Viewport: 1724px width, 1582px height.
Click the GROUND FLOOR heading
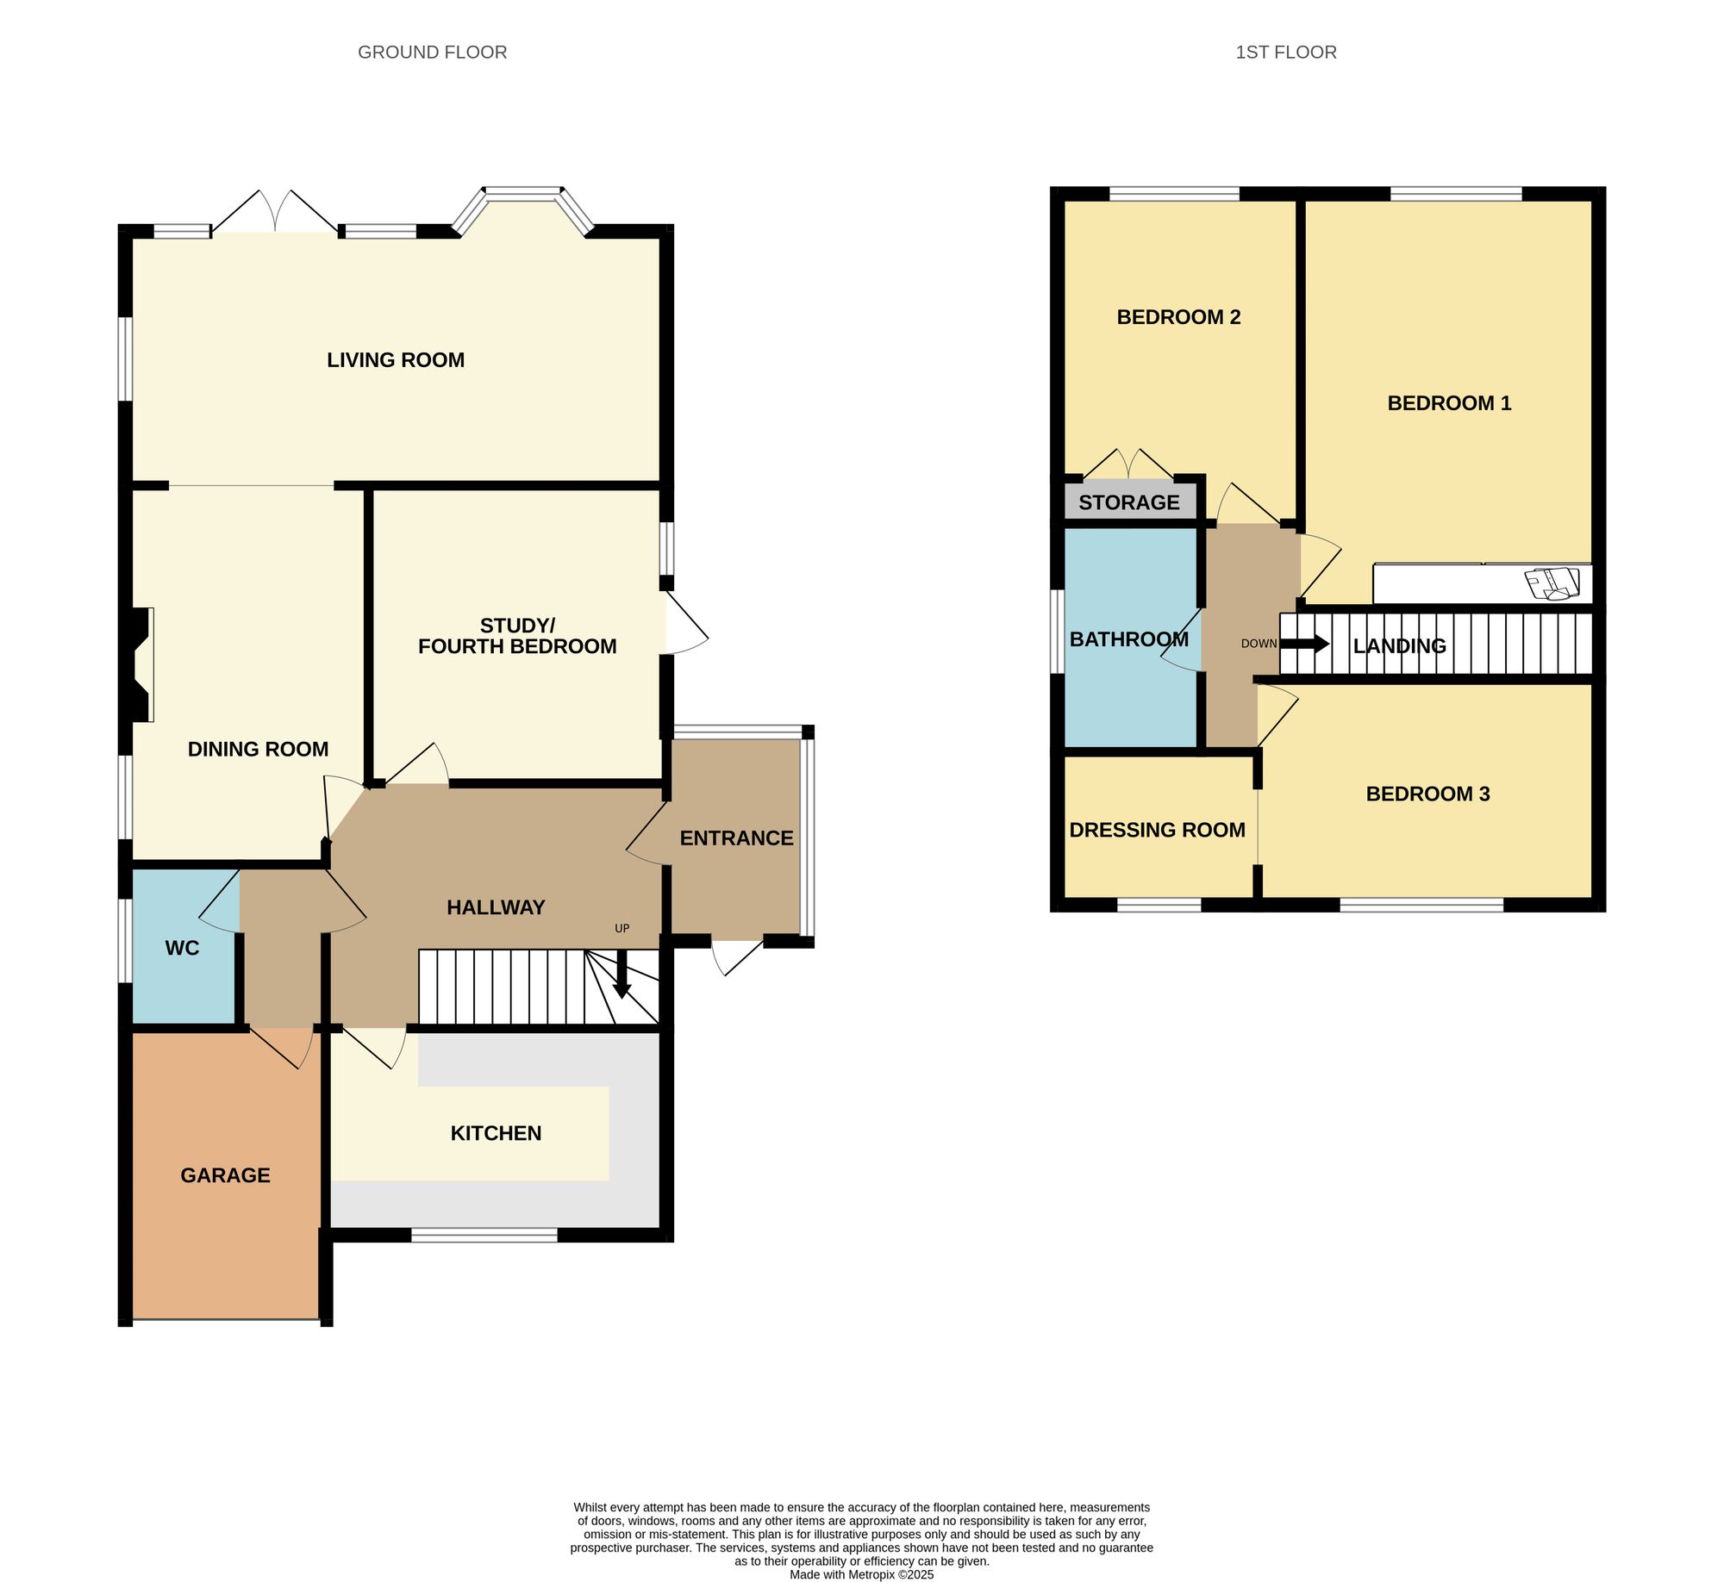[432, 53]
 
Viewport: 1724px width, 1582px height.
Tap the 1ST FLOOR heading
[1285, 53]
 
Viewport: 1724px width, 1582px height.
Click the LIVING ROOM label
[396, 360]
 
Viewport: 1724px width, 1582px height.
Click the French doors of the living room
[275, 212]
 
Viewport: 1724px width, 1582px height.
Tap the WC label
[182, 948]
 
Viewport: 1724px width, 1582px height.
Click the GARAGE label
[225, 1175]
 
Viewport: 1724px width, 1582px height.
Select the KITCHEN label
[496, 1133]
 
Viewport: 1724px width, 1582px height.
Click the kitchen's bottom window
[484, 1235]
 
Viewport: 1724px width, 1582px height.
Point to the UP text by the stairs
[622, 928]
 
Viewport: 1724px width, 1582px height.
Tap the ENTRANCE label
[736, 838]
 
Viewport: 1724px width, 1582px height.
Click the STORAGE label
[1128, 502]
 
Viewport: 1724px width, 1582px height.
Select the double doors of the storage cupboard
[1128, 464]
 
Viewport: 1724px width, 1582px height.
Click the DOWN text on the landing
[1259, 644]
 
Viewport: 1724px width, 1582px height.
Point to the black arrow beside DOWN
[1305, 644]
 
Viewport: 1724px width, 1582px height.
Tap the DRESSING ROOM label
[1157, 830]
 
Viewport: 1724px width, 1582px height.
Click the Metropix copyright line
[861, 1574]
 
